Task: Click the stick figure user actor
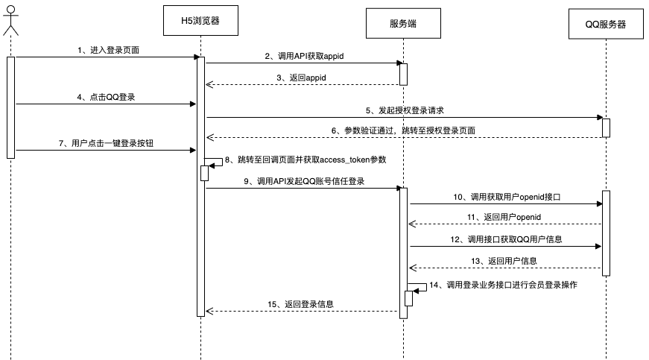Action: point(10,20)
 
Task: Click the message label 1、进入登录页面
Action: point(108,50)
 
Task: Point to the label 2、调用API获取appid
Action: point(303,56)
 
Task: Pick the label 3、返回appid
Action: point(303,77)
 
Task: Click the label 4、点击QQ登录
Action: point(107,97)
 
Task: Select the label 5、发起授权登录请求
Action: point(405,110)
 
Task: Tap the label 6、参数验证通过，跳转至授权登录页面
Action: point(404,130)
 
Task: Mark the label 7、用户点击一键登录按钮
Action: point(105,143)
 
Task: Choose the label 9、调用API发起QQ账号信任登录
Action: point(304,181)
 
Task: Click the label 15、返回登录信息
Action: point(303,304)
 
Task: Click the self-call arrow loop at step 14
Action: point(420,287)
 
